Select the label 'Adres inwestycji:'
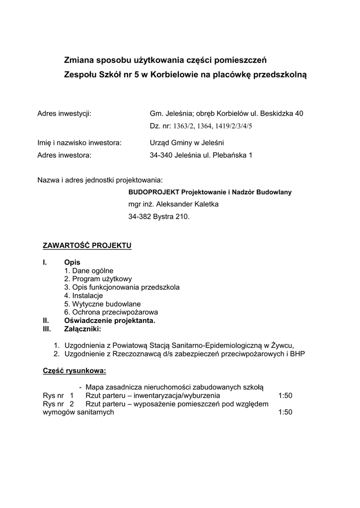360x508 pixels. click(x=64, y=114)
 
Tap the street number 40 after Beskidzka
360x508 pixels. click(x=298, y=114)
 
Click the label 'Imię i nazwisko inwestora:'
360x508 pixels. click(x=79, y=143)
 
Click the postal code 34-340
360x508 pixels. click(x=161, y=155)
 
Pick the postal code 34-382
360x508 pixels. click(x=140, y=217)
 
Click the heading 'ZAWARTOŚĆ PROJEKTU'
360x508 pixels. click(x=87, y=246)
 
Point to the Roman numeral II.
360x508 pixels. click(x=45, y=321)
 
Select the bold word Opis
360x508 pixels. click(x=72, y=262)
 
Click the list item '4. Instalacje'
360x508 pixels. click(x=83, y=296)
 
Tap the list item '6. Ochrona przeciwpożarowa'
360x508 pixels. click(x=111, y=313)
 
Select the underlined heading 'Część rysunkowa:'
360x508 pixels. click(x=74, y=371)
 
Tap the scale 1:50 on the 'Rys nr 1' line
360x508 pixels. click(x=286, y=396)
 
